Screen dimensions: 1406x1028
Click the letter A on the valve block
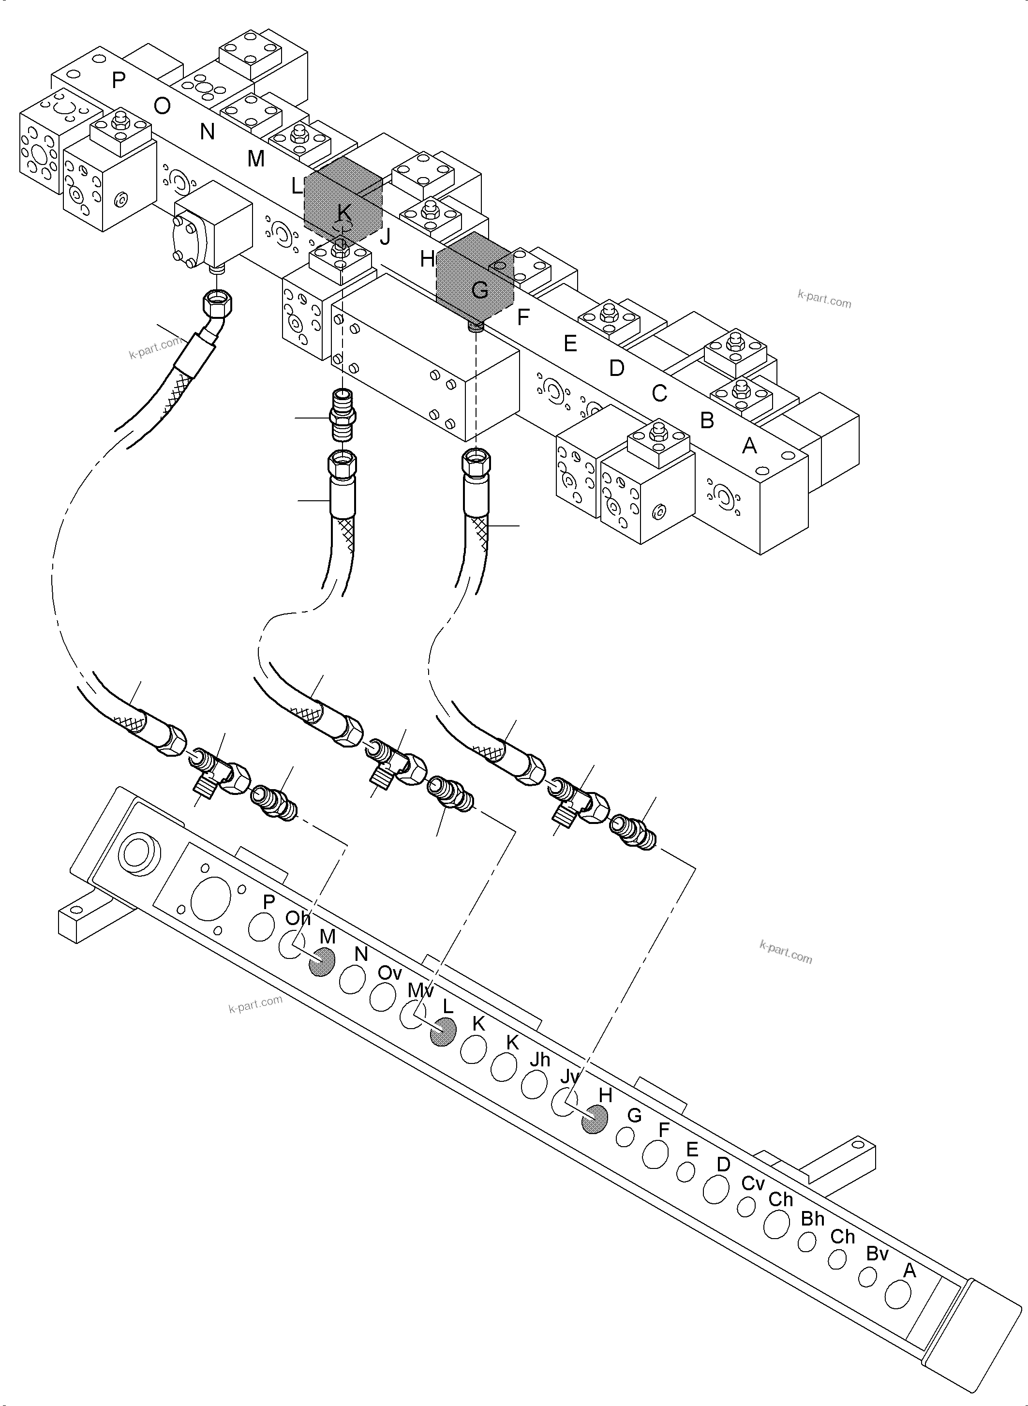[750, 446]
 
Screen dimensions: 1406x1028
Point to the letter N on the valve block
[207, 132]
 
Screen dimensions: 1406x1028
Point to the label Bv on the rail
[877, 1254]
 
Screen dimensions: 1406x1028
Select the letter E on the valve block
[570, 344]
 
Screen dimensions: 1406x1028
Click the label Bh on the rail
[812, 1219]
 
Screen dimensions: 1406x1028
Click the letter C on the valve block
[659, 393]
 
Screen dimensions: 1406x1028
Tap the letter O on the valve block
[162, 106]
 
